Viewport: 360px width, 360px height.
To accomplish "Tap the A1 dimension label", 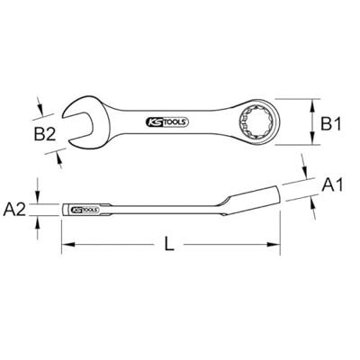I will [x=333, y=184].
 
